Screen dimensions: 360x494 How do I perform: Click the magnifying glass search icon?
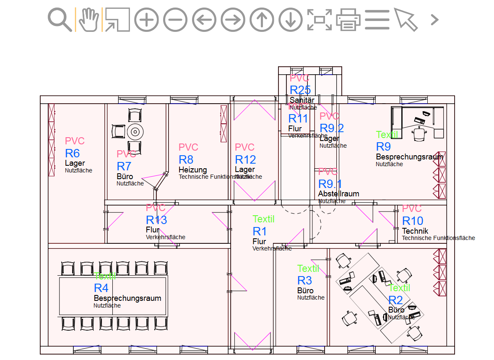[60, 19]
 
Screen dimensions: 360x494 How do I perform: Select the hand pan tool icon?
[88, 19]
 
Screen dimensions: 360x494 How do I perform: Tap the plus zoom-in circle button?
[146, 20]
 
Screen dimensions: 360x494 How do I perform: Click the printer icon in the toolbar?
[348, 20]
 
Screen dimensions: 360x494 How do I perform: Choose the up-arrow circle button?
[262, 20]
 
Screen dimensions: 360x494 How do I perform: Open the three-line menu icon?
[377, 20]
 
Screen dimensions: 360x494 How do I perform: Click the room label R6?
[72, 153]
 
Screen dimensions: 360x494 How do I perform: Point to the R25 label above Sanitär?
[300, 90]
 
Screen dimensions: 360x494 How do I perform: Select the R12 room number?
[245, 159]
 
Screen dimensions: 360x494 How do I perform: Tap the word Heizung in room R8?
[192, 170]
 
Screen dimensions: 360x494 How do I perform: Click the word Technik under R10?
[415, 231]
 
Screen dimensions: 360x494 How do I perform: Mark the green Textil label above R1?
[263, 219]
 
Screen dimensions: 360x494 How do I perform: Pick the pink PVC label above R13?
[156, 208]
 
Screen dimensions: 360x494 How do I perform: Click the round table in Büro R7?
[135, 131]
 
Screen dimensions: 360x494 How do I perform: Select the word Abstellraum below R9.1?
[338, 194]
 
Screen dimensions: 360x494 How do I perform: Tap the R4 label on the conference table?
[101, 288]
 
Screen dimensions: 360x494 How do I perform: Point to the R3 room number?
[304, 280]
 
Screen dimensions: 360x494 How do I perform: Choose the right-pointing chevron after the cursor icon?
[435, 20]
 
